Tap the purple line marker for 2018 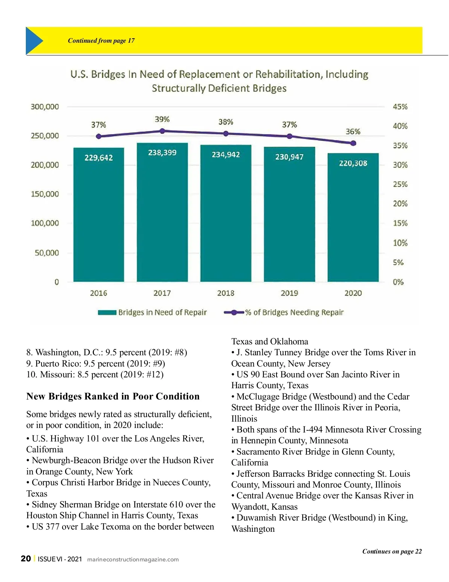pyautogui.click(x=226, y=133)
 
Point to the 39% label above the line pyautogui.click(x=162, y=119)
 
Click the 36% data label pyautogui.click(x=353, y=132)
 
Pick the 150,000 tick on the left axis pyautogui.click(x=45, y=194)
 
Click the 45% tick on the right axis pyautogui.click(x=400, y=107)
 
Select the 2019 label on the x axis pyautogui.click(x=289, y=293)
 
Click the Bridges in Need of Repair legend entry pyautogui.click(x=152, y=313)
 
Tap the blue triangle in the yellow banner pyautogui.click(x=34, y=40)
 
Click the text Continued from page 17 pyautogui.click(x=101, y=40)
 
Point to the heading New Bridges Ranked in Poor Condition pyautogui.click(x=113, y=396)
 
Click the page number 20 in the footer pyautogui.click(x=26, y=559)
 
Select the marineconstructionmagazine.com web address pyautogui.click(x=133, y=560)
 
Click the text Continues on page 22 pyautogui.click(x=392, y=551)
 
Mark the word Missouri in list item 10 pyautogui.click(x=57, y=374)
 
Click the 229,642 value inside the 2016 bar pyautogui.click(x=98, y=158)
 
